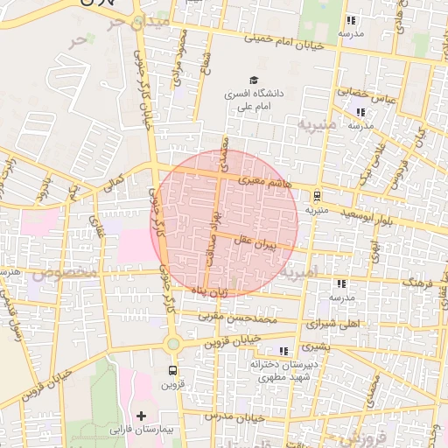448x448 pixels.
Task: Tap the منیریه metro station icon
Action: tap(316, 196)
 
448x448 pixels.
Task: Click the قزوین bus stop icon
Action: tap(171, 370)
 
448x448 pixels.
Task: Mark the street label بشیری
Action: tap(332, 346)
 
